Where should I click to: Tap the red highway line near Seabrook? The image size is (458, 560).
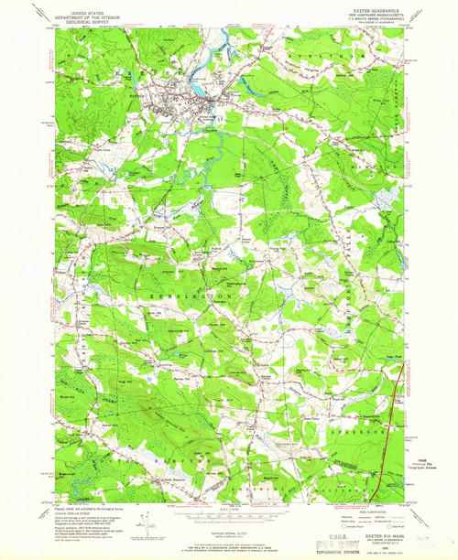397,403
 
